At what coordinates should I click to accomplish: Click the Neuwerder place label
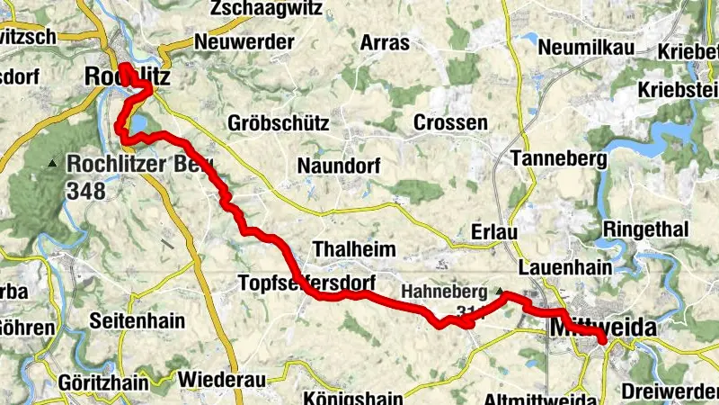244,41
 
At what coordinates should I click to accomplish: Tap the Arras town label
385,42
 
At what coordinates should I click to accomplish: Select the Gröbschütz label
279,122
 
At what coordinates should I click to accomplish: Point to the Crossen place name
450,122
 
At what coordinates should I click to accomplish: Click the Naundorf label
339,166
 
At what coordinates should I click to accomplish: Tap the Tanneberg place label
558,158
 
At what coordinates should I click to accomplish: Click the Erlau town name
494,232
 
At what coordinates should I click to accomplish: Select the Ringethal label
647,229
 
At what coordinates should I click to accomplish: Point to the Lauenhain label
565,267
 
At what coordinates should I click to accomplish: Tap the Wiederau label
221,379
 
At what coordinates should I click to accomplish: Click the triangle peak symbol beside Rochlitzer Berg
52,163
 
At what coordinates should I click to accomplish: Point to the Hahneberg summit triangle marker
501,291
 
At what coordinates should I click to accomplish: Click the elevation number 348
85,191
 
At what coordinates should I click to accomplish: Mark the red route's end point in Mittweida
602,339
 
